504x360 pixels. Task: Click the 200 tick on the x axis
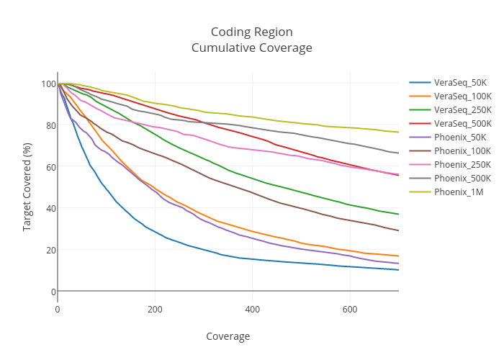[x=155, y=309]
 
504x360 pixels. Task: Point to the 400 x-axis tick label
[x=252, y=309]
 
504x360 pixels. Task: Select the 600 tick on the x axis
[x=349, y=309]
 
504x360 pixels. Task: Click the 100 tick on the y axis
[x=48, y=84]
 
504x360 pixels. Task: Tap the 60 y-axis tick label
[x=50, y=167]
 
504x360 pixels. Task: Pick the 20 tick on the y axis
[x=50, y=250]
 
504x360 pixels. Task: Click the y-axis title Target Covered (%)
[x=27, y=186]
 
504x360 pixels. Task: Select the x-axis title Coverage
[x=228, y=336]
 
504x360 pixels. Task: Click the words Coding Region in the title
[x=251, y=32]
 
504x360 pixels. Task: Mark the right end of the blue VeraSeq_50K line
[x=398, y=269]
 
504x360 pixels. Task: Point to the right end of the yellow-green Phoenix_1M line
[x=398, y=132]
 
